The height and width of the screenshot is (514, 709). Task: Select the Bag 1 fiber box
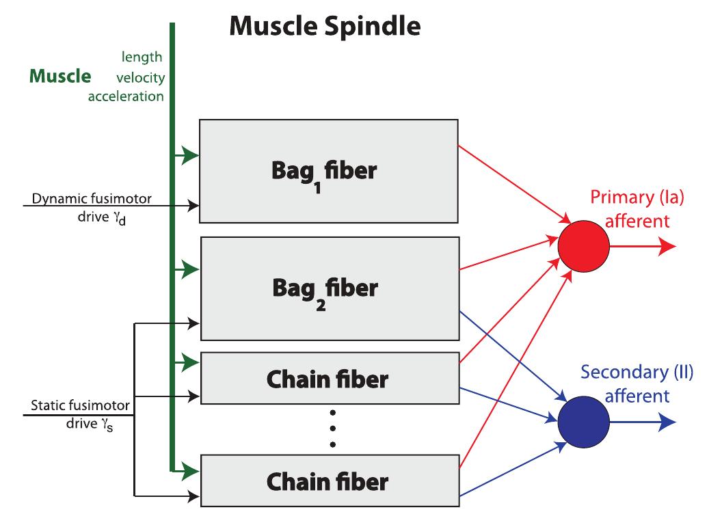(328, 171)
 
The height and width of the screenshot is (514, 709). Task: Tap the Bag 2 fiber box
(328, 288)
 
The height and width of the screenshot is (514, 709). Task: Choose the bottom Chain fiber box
(328, 481)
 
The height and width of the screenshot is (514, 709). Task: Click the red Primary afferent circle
(583, 248)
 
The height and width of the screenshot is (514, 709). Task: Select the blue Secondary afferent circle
(583, 421)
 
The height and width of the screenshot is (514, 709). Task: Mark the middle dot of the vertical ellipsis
(332, 429)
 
